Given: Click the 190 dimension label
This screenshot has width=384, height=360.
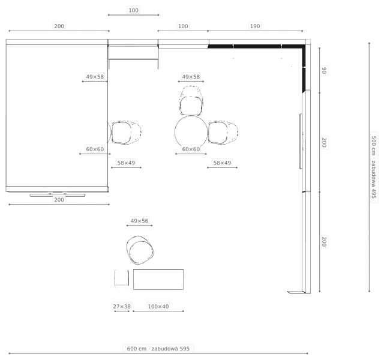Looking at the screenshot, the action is [254, 26].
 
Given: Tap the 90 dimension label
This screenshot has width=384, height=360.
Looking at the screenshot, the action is [324, 71].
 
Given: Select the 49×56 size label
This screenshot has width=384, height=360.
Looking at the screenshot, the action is [139, 221].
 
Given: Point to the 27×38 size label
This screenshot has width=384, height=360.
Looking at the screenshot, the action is [122, 307].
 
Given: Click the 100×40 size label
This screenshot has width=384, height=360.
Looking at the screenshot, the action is [158, 307].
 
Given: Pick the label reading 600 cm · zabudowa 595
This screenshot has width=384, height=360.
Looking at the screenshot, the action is [158, 349].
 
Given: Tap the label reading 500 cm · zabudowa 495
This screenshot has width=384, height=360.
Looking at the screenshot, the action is [374, 167].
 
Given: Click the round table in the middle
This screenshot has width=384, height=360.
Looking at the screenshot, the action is [191, 132].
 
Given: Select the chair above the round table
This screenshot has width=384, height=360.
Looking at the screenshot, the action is [191, 101].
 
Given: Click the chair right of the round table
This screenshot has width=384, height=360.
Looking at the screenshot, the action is [223, 133].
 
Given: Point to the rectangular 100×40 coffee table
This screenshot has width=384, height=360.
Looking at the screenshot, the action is [158, 279].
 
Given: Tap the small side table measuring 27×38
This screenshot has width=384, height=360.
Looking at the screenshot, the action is [121, 278].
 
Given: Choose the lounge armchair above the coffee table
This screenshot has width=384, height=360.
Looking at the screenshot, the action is [140, 250].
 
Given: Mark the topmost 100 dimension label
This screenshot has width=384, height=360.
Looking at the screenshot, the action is [133, 10].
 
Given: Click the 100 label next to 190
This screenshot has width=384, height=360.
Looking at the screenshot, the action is [183, 26].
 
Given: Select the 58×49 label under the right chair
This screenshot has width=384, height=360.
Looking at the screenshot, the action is [222, 163].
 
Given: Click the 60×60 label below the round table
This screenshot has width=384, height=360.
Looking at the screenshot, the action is [191, 149].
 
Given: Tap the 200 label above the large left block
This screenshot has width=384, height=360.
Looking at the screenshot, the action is [59, 26].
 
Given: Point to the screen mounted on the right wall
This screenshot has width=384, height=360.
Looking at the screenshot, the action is [301, 142].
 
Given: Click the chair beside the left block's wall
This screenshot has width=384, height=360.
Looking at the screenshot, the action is [127, 133].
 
